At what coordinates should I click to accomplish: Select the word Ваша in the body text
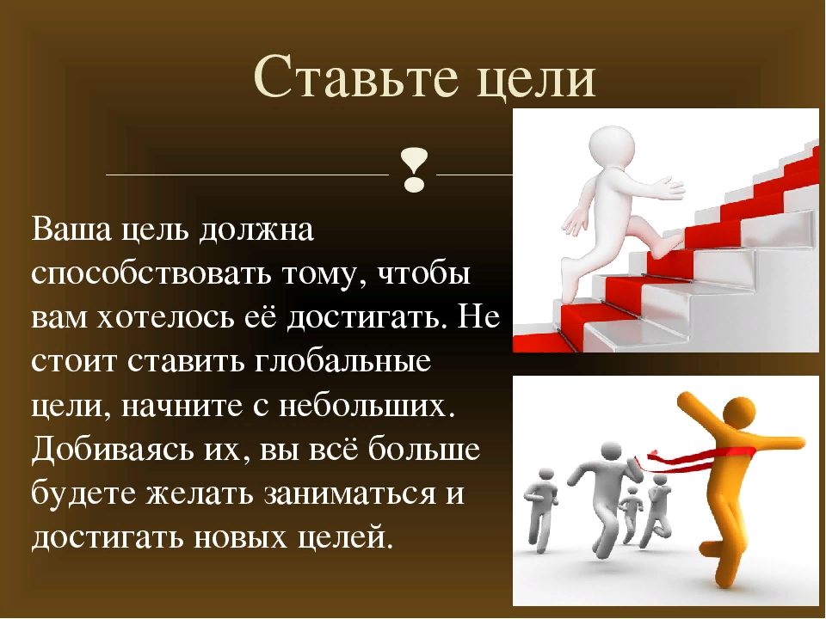click(71, 230)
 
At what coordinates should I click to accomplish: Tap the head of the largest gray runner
click(609, 453)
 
